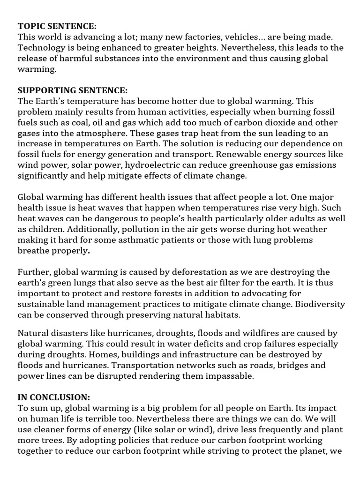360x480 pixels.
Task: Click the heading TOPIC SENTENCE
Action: pyautogui.click(x=58, y=26)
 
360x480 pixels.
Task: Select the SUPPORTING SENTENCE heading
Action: pyautogui.click(x=72, y=90)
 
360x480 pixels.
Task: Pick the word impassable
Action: pyautogui.click(x=219, y=375)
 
